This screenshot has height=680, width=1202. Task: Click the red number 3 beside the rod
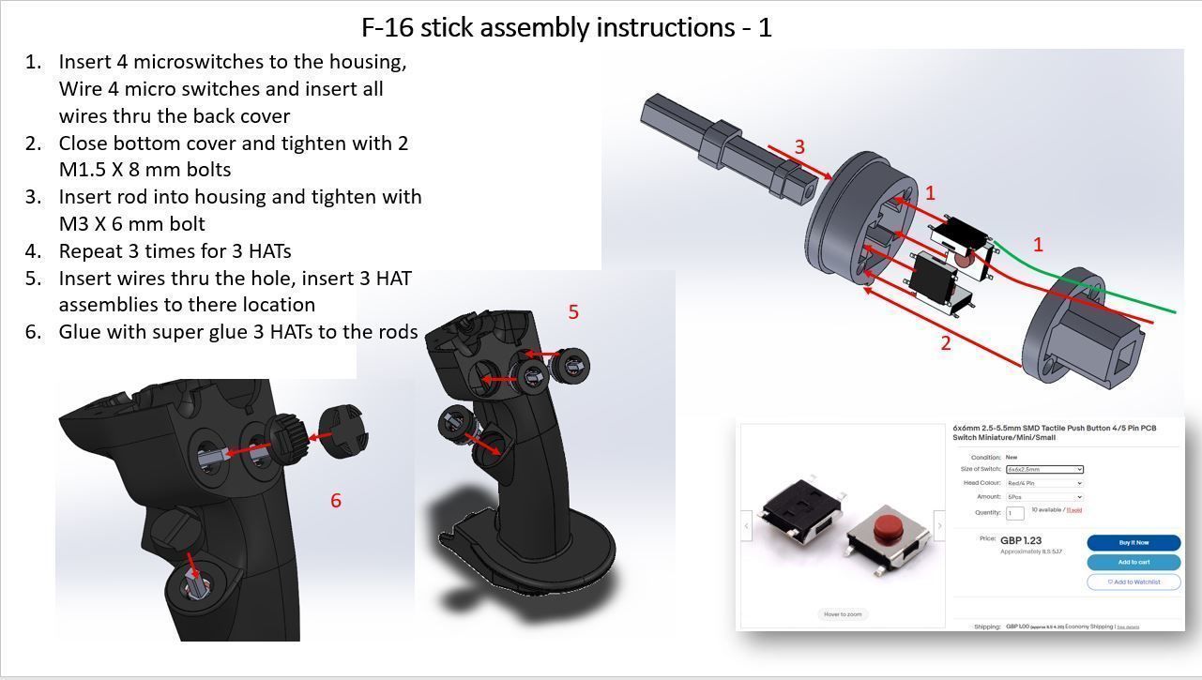click(799, 147)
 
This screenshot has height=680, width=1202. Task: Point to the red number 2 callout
click(945, 343)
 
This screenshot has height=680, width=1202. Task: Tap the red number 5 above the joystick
click(573, 312)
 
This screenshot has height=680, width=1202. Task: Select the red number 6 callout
click(336, 501)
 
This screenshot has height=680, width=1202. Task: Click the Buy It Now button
click(1133, 543)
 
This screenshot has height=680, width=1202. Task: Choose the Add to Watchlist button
click(1133, 582)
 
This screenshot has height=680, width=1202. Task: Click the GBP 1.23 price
click(1021, 541)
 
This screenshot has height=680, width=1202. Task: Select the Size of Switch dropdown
click(1044, 469)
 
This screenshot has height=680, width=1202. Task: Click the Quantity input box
click(1014, 513)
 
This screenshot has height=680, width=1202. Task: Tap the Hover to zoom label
click(843, 614)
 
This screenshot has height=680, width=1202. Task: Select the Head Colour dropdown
click(1044, 483)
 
